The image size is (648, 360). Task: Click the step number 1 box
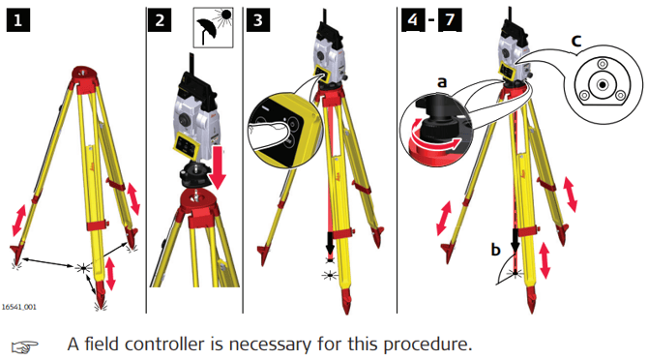click(17, 20)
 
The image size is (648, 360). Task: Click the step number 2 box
click(160, 20)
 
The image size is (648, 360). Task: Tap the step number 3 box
click(258, 20)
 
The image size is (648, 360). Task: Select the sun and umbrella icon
click(213, 27)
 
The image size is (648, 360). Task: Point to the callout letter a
click(442, 82)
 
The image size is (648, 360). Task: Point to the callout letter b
click(496, 250)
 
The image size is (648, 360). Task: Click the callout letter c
click(576, 41)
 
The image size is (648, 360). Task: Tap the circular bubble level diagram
click(603, 85)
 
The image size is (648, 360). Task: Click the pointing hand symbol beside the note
click(25, 346)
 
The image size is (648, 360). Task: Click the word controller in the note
click(164, 345)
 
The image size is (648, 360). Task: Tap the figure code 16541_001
click(19, 307)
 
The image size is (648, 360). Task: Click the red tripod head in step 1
click(85, 77)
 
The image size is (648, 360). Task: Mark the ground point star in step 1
click(83, 268)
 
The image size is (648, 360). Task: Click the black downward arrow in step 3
click(330, 243)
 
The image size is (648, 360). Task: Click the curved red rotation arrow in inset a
click(434, 142)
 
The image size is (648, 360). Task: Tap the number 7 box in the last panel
click(450, 20)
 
